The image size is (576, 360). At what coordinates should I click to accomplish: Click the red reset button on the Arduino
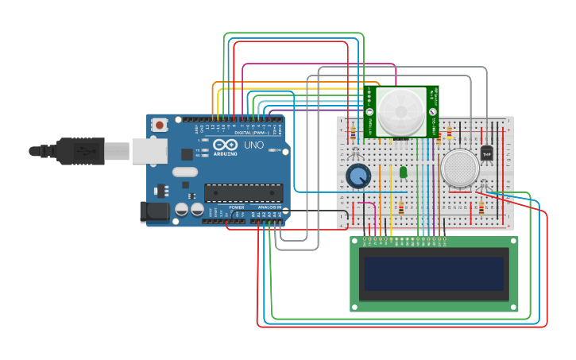tap(160, 125)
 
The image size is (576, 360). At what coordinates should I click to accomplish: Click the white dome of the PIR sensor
tap(400, 111)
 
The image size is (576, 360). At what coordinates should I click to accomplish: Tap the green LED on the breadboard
tap(403, 172)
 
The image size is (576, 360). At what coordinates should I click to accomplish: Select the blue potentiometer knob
tap(358, 176)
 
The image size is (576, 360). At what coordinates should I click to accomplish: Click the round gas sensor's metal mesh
tap(460, 168)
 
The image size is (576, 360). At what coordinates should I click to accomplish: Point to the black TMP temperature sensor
tap(487, 153)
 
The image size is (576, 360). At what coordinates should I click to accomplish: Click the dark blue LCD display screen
tap(434, 273)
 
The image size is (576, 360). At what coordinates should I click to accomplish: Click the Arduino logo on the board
tap(225, 145)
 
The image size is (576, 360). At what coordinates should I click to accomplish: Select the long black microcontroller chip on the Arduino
tap(243, 192)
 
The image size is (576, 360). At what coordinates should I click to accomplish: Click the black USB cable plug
tap(79, 150)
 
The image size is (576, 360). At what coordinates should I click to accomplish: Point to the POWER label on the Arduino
tap(237, 207)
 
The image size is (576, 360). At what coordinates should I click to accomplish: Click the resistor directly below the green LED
tap(401, 209)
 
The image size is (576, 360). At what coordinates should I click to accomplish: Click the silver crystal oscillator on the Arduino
tap(184, 172)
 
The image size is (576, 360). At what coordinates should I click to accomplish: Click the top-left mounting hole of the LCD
tap(355, 242)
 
